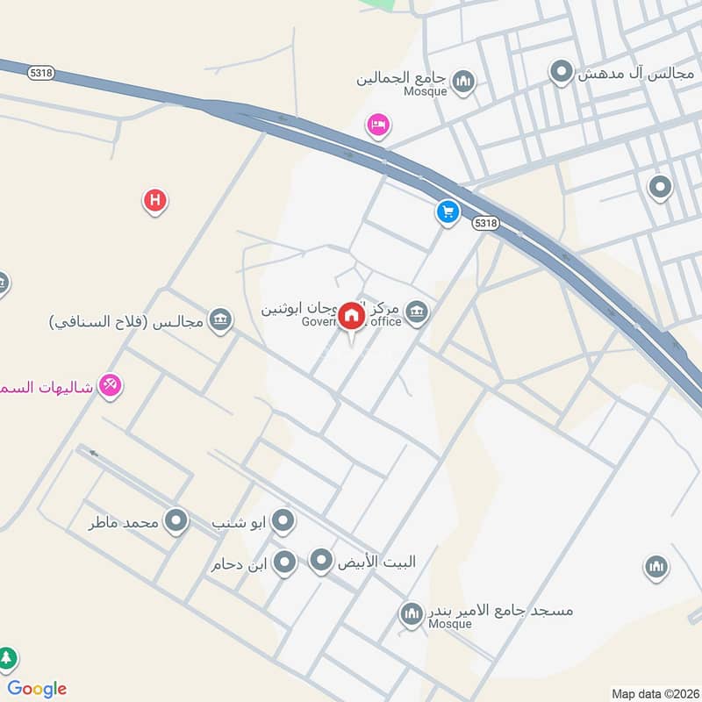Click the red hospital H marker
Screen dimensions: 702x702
pos(155,202)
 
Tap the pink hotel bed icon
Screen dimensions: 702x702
pos(378,125)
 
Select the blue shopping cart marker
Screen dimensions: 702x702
pos(448,211)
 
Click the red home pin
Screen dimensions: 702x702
pos(351,316)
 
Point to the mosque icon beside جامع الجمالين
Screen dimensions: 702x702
pos(464,82)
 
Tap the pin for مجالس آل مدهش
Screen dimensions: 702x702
pos(562,72)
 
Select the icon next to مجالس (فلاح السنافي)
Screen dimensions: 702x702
pos(221,319)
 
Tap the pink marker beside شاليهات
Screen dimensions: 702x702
pos(110,384)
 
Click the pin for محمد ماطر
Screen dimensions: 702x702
pos(176,521)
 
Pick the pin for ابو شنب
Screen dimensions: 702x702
pos(283,522)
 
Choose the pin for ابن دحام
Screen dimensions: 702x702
pos(284,562)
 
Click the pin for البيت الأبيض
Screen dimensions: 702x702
pos(322,561)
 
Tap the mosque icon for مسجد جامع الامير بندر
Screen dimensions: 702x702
pos(411,614)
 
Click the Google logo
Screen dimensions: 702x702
pos(37,689)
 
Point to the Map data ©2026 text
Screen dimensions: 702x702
pos(654,693)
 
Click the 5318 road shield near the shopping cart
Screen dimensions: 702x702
pos(485,224)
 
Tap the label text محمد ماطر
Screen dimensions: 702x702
pos(124,522)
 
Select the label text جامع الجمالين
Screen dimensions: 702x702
pos(403,78)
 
